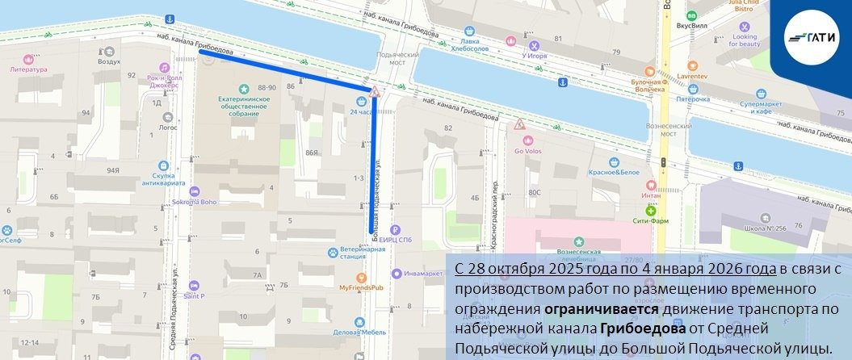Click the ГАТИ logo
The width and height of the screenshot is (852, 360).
(x=814, y=37)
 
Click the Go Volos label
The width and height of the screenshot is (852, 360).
(x=528, y=150)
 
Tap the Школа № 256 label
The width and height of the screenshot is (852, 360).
(x=766, y=228)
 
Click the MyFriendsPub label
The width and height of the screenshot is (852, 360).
(x=361, y=287)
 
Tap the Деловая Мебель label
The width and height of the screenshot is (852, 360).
(x=360, y=332)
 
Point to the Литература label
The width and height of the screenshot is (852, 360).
(x=28, y=69)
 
